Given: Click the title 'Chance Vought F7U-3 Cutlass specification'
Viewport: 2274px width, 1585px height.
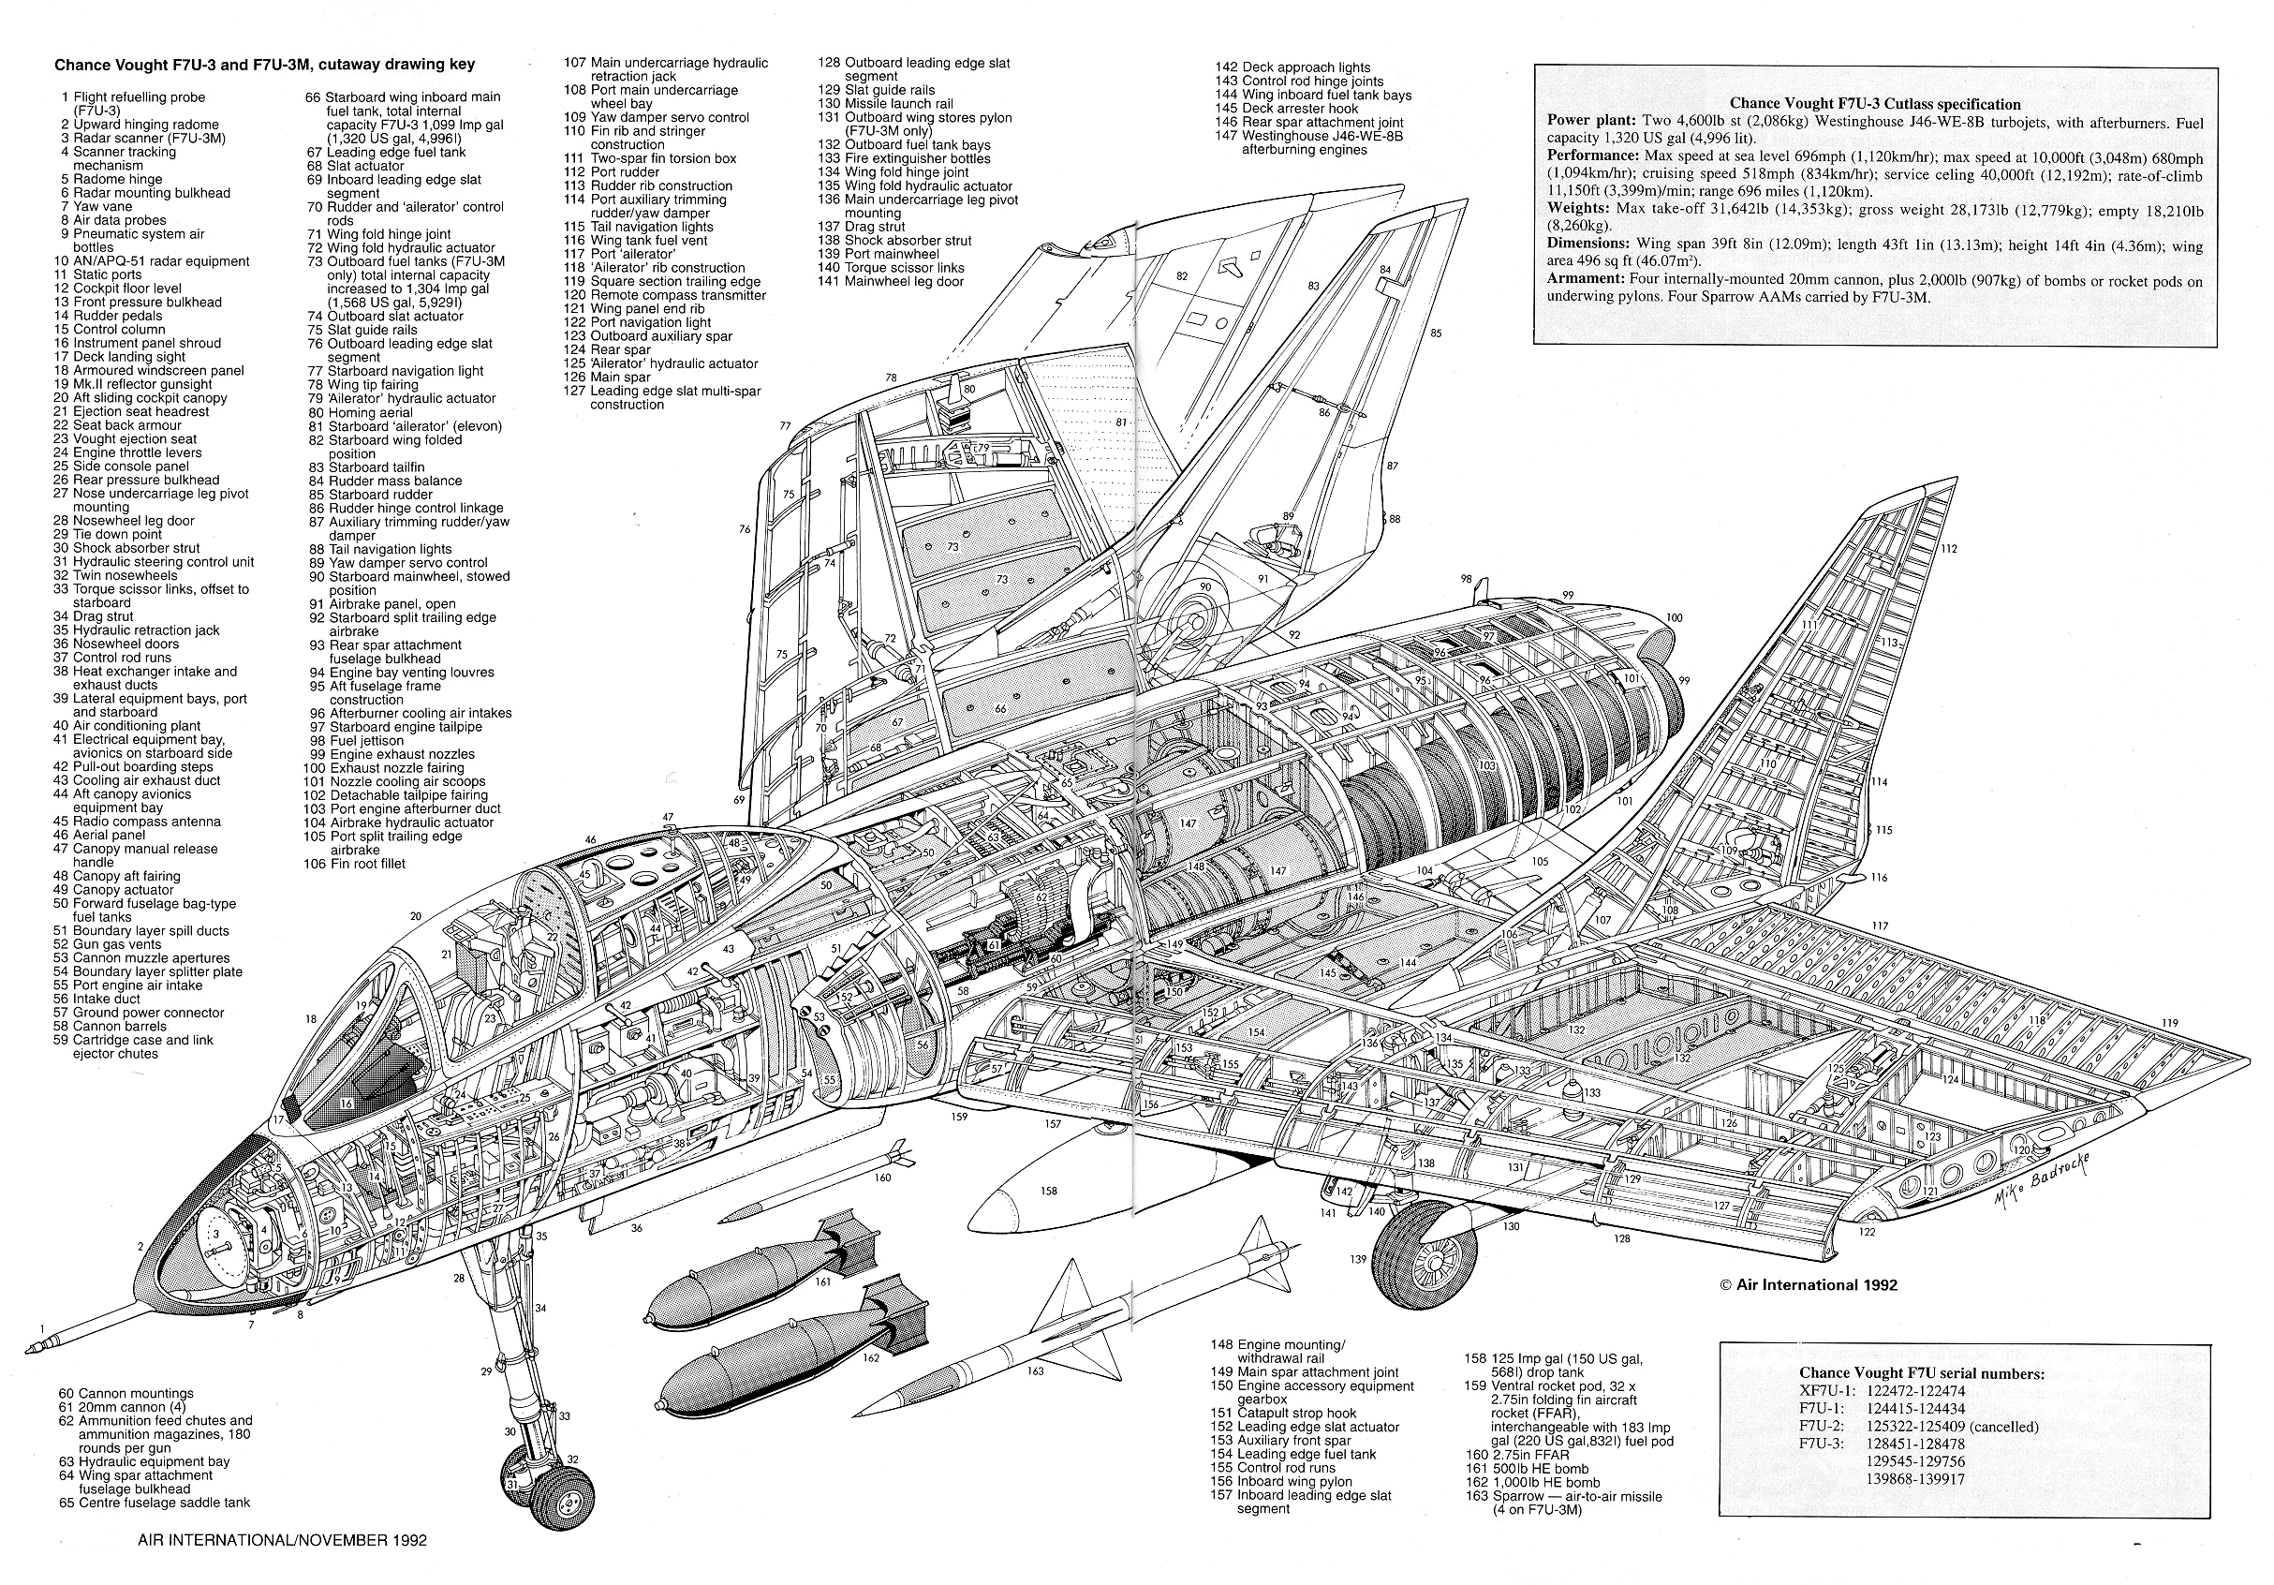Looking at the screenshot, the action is (1875, 104).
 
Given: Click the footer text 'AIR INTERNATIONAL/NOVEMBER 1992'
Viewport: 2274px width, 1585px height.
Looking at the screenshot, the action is (282, 1540).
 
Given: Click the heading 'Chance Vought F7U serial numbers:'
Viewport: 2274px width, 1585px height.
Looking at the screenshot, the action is (1922, 1373).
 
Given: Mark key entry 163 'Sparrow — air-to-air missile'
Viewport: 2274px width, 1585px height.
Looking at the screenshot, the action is (1564, 1503).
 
